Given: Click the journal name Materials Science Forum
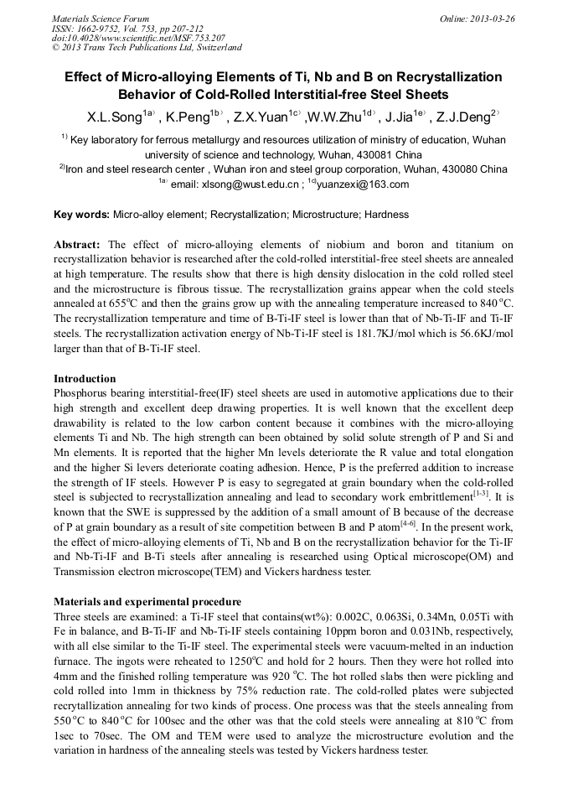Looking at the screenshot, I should pyautogui.click(x=101, y=18).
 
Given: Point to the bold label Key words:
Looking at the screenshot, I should pyautogui.click(x=81, y=215).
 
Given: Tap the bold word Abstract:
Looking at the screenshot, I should pyautogui.click(x=77, y=245).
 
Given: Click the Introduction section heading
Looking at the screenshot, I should pyautogui.click(x=85, y=379).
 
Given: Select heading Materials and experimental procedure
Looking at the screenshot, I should pyautogui.click(x=147, y=602).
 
